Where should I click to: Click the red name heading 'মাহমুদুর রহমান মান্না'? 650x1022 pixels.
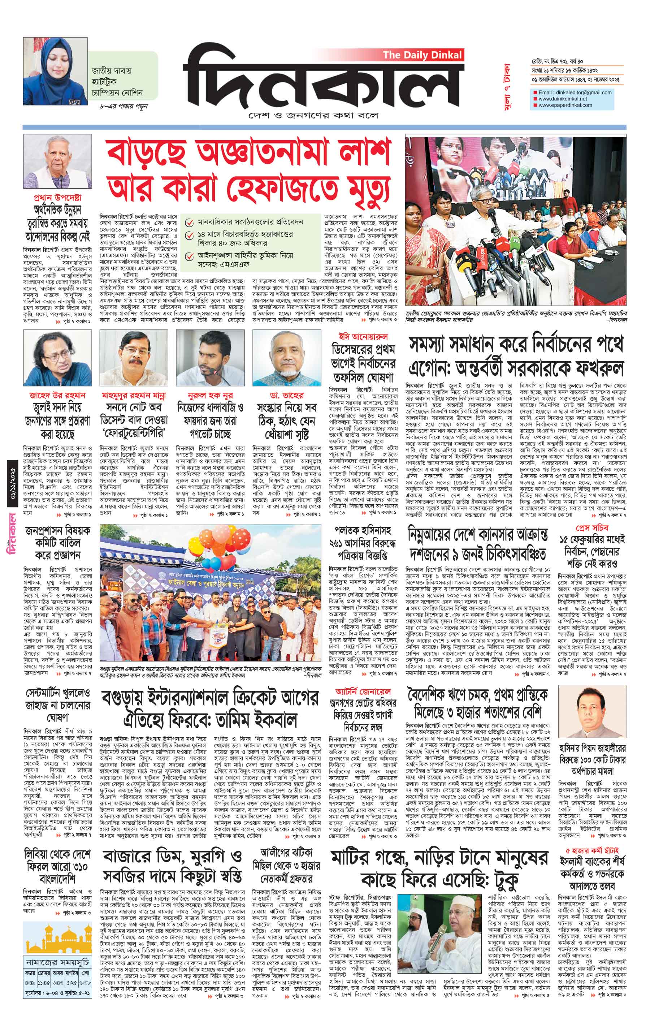pyautogui.click(x=134, y=395)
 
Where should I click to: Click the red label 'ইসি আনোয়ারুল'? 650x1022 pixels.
pyautogui.click(x=363, y=337)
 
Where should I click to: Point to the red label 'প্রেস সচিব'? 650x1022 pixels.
pyautogui.click(x=592, y=528)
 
